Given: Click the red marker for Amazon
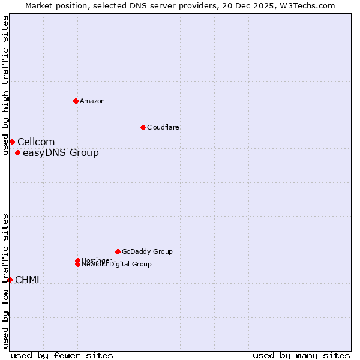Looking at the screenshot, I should pos(76,101).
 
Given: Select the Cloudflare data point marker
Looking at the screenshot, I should pos(143,127).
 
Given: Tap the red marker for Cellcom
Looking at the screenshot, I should pos(12,142).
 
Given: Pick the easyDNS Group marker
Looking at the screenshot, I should pos(17,152).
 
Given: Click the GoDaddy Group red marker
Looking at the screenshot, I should pos(118,251).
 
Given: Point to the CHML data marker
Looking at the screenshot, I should pos(10,280).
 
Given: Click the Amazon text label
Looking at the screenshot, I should pos(92,101).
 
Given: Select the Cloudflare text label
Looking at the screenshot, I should pos(163,127).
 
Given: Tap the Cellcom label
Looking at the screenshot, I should pos(36,142).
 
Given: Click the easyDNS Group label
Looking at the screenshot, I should pos(61,152).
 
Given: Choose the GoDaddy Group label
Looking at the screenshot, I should pos(147,251).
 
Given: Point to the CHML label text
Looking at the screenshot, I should pos(28,280).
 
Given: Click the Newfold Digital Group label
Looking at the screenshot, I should pos(117,264).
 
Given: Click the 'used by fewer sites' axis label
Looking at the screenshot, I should pos(62,355).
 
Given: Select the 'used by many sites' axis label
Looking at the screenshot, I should pos(301,355).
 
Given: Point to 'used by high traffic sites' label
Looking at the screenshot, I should pos(5,85).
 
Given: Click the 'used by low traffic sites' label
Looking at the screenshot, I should pos(5,281).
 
